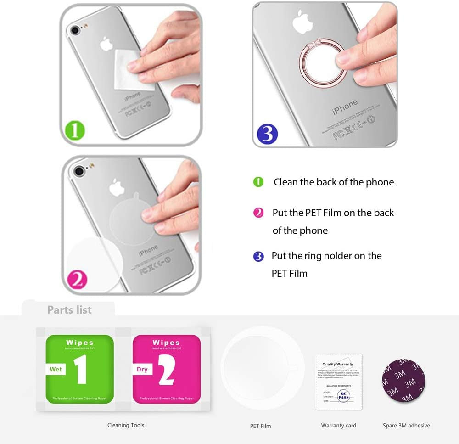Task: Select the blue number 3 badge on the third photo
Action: pyautogui.click(x=267, y=134)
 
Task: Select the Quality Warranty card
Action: pyautogui.click(x=339, y=382)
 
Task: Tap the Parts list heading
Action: pyautogui.click(x=69, y=310)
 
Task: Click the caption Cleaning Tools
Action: pyautogui.click(x=126, y=425)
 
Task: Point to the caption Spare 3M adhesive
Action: pyautogui.click(x=406, y=426)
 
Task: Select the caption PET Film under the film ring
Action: pyautogui.click(x=260, y=426)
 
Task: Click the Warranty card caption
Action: pyautogui.click(x=339, y=426)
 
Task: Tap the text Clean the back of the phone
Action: pyautogui.click(x=334, y=182)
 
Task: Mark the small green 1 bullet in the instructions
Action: pyautogui.click(x=258, y=182)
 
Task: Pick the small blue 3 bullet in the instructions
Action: pyautogui.click(x=258, y=256)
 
